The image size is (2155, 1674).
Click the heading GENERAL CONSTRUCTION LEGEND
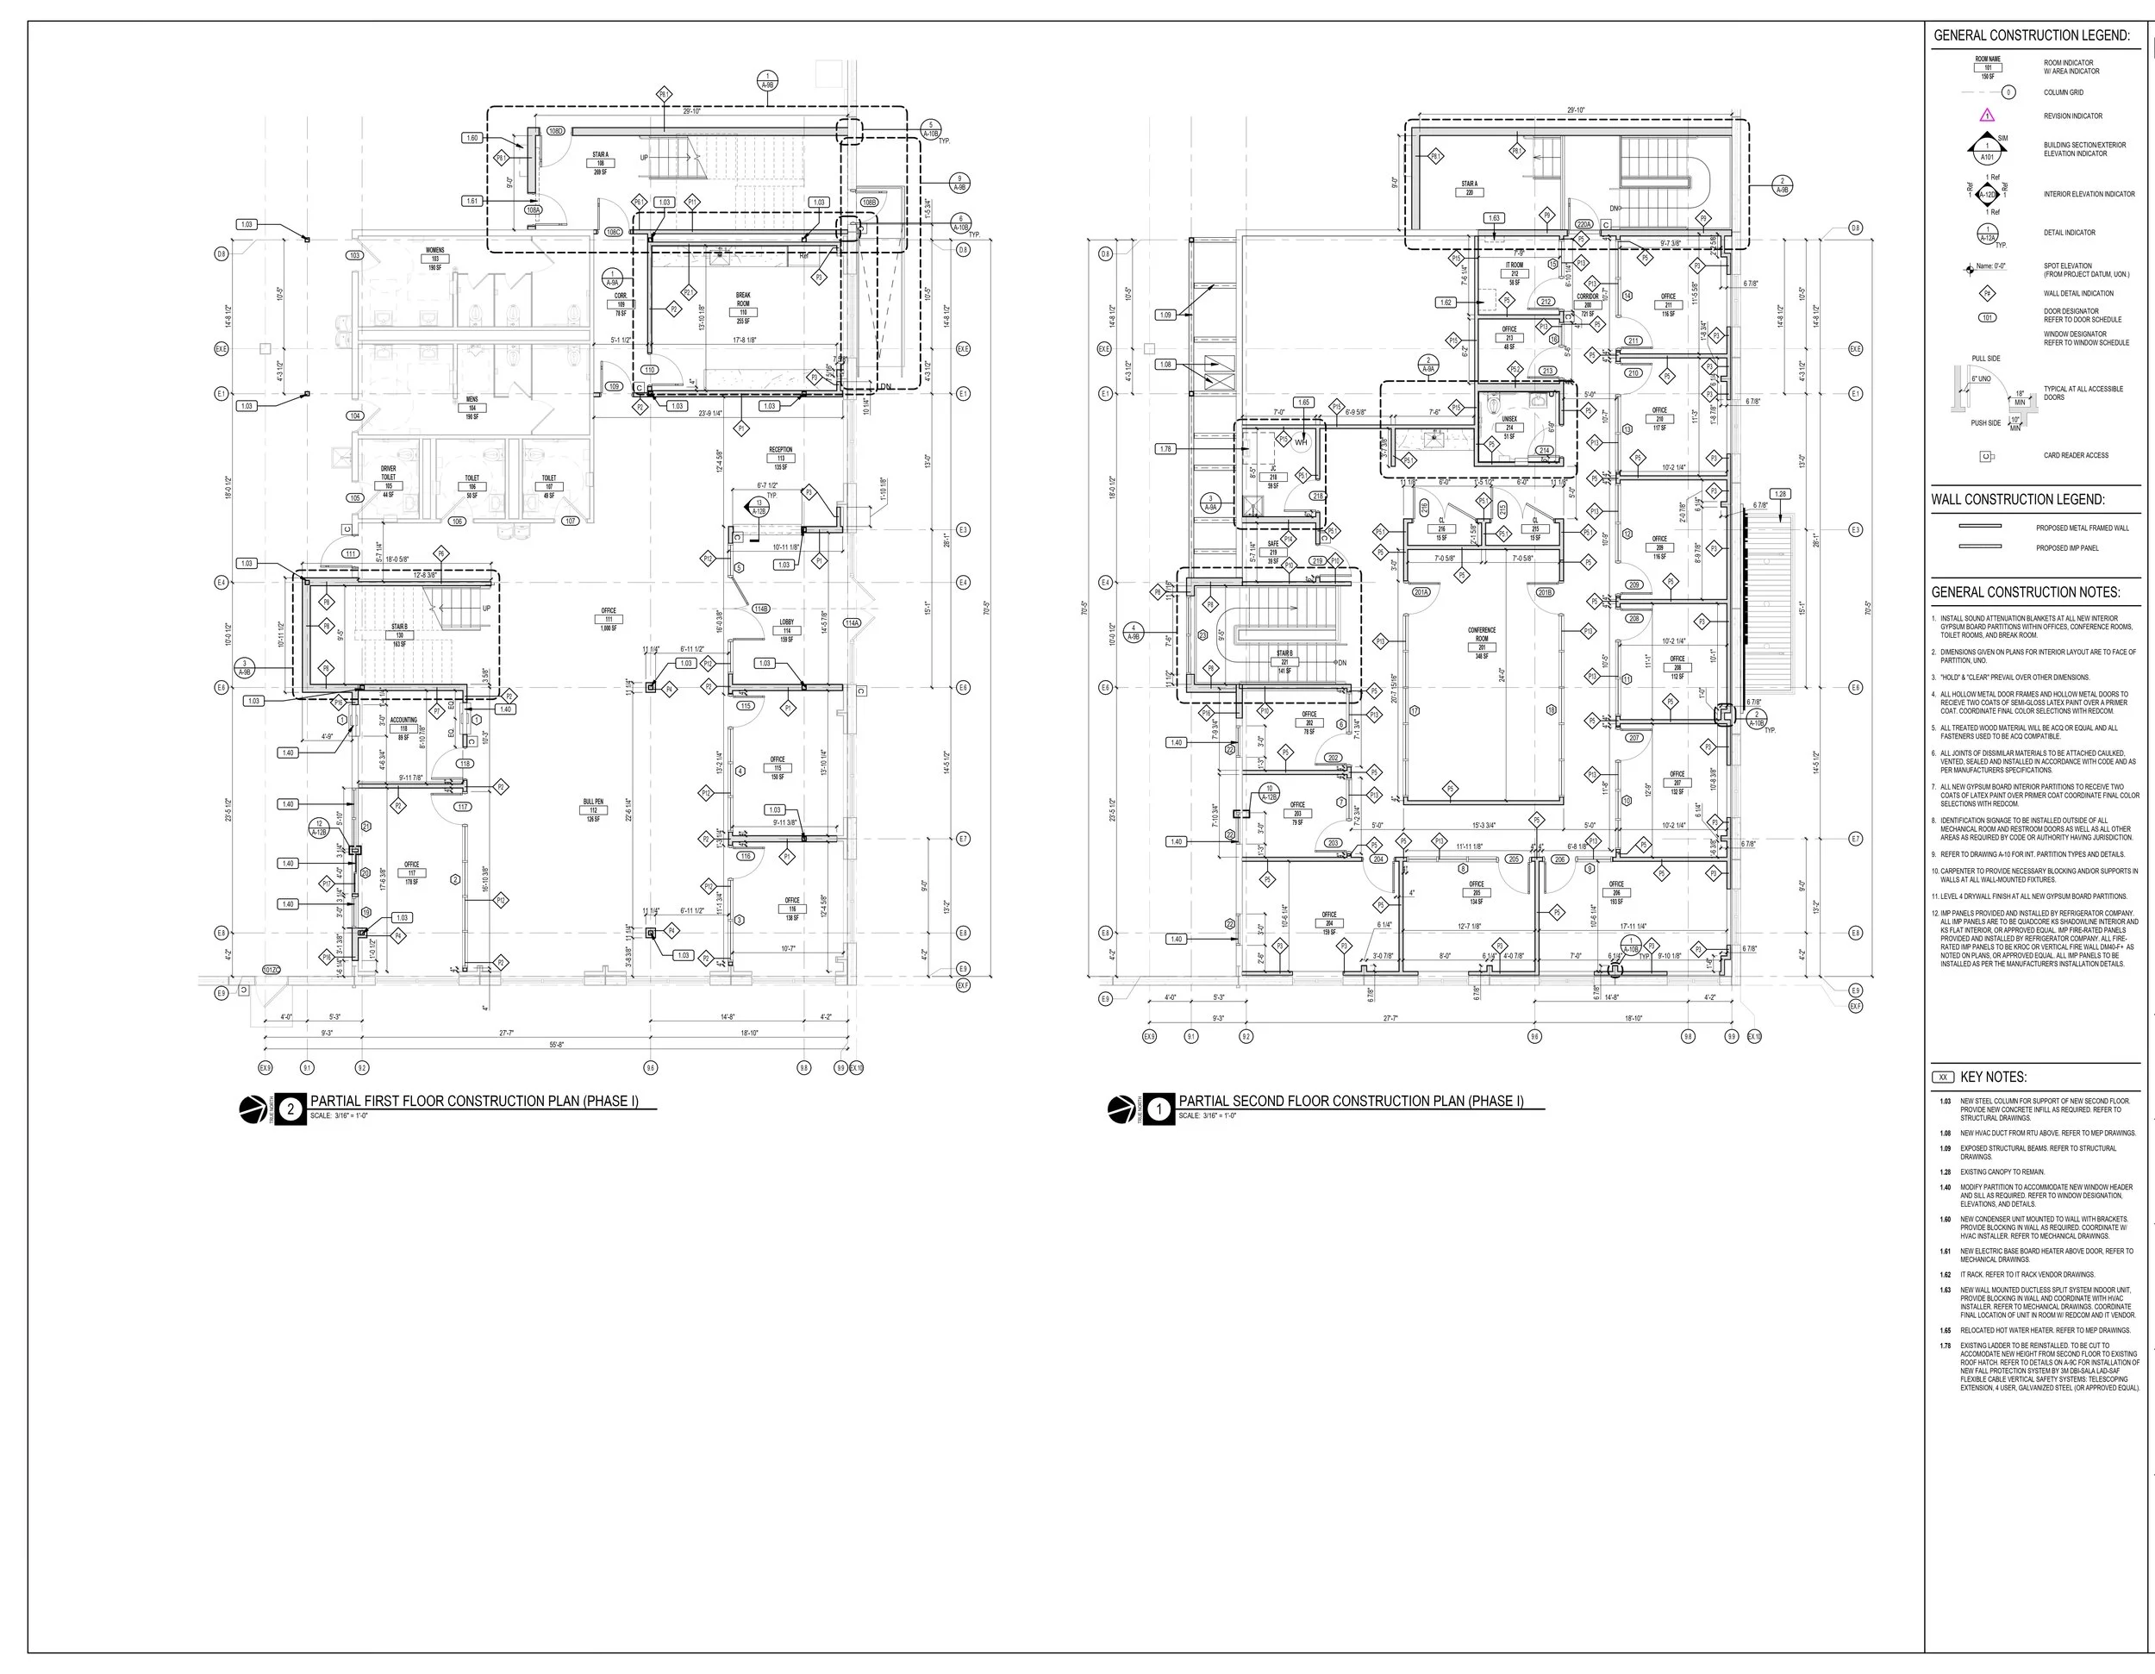click(2031, 35)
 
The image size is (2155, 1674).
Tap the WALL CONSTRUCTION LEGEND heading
click(2018, 500)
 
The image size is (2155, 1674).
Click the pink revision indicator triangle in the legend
click(1987, 116)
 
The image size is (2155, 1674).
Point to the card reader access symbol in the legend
click(1986, 456)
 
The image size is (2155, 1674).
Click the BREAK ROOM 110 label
click(743, 307)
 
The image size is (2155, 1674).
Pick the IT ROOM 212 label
click(1514, 273)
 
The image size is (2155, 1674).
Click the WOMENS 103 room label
click(434, 259)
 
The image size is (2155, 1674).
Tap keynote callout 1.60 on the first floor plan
click(472, 138)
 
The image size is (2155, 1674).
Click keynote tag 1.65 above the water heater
click(1303, 403)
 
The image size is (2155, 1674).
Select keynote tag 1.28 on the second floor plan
click(1780, 494)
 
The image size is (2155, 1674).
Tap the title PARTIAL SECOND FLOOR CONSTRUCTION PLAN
click(1350, 1101)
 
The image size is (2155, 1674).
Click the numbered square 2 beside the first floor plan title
click(290, 1109)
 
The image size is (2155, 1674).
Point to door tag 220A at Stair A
click(1583, 225)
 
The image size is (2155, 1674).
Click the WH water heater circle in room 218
click(1301, 442)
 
